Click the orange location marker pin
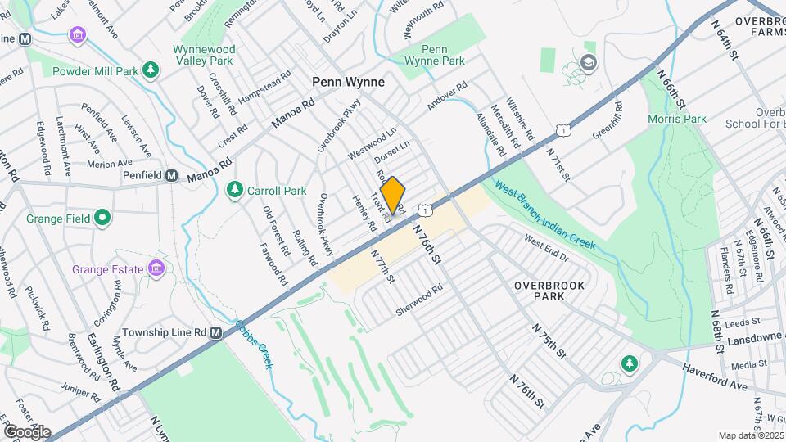point(393,196)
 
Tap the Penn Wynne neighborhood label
point(348,83)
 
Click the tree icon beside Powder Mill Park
point(150,70)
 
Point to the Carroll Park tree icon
point(235,191)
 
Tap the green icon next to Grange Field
point(102,219)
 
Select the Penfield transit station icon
point(172,175)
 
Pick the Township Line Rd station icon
point(216,333)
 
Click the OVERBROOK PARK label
point(540,291)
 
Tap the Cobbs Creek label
point(253,343)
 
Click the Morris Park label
point(678,119)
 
